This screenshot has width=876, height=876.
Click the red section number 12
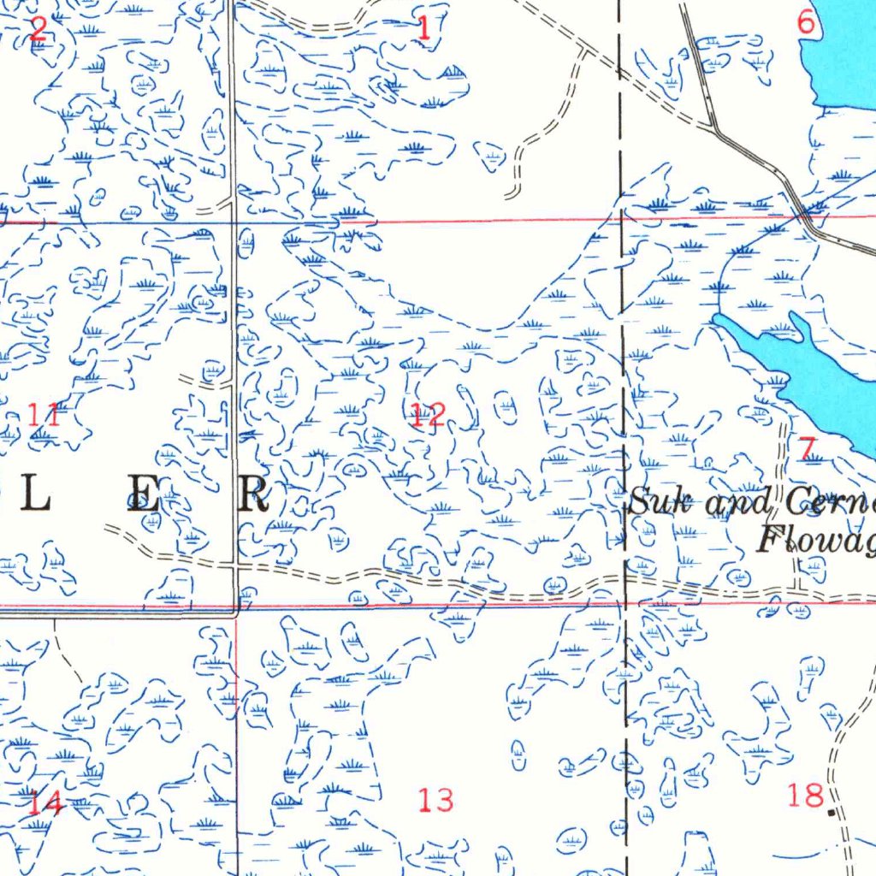coord(428,416)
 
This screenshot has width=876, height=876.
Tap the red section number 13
coord(435,801)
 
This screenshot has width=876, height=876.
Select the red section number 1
coord(423,29)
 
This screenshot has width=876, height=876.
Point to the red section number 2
coord(38,29)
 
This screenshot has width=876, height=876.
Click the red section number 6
coord(806,23)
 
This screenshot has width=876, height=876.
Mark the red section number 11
coord(44,417)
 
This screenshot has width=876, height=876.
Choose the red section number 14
coord(44,803)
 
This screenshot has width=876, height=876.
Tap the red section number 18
coord(805,796)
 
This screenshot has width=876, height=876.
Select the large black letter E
coord(144,495)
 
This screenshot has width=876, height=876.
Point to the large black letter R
coord(253,495)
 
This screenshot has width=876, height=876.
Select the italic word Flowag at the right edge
coord(817,540)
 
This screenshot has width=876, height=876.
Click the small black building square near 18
coord(832,811)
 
